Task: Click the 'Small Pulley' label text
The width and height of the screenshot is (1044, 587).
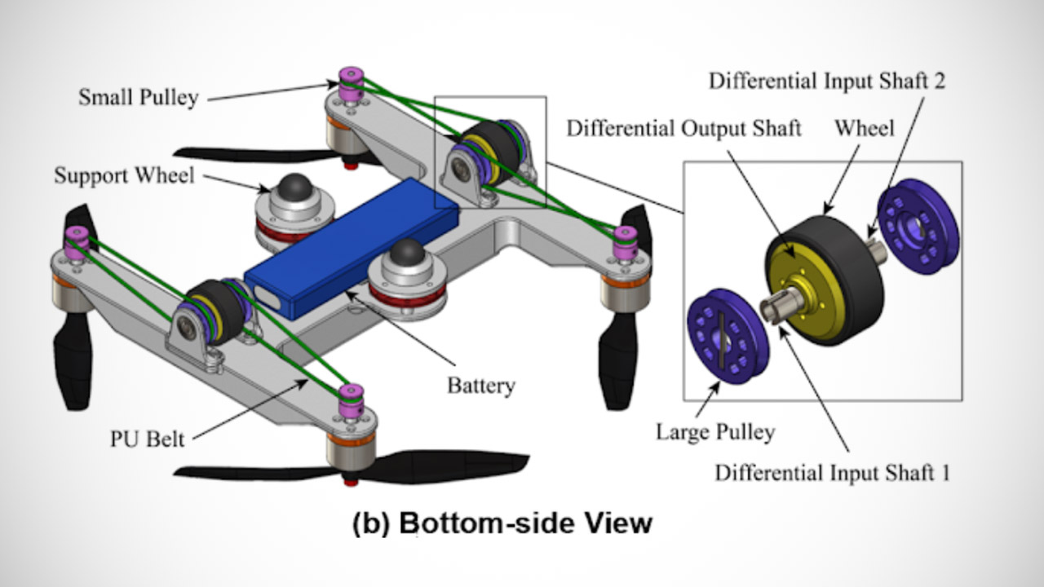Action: point(138,98)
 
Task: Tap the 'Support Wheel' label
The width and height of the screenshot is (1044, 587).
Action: point(124,175)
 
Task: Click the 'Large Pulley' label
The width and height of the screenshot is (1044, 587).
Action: point(714,431)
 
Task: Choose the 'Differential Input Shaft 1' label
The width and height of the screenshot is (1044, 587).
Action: point(832,473)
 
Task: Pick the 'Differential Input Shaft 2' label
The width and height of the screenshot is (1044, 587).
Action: point(827,82)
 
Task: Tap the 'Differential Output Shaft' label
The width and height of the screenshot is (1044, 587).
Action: point(684,129)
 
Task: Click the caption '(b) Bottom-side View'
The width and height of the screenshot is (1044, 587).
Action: point(502,522)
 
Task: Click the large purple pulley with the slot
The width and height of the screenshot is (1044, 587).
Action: point(728,334)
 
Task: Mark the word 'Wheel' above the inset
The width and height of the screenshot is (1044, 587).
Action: point(865,128)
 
